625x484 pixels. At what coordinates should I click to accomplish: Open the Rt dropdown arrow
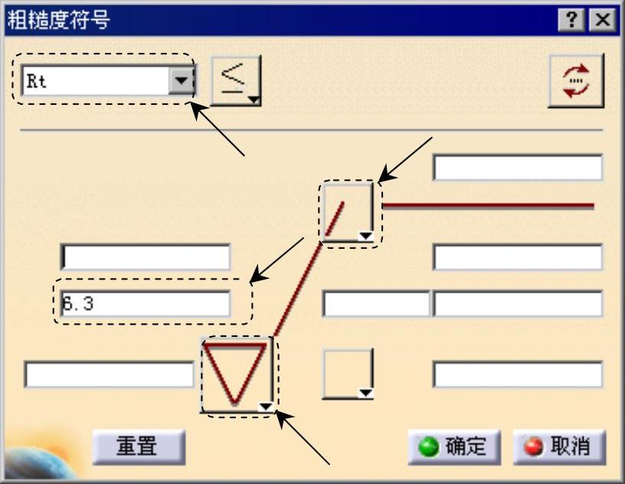click(181, 80)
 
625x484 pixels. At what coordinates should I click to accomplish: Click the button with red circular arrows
click(575, 81)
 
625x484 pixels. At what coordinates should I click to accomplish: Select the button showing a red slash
click(346, 212)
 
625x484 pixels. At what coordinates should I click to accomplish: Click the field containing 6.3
click(146, 304)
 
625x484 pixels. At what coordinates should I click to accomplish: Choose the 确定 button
click(454, 446)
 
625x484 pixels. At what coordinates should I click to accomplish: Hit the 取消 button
click(558, 446)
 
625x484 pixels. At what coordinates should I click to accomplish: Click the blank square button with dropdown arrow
click(347, 374)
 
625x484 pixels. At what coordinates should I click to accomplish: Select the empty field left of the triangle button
click(109, 374)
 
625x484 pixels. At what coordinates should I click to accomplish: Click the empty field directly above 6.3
click(146, 257)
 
